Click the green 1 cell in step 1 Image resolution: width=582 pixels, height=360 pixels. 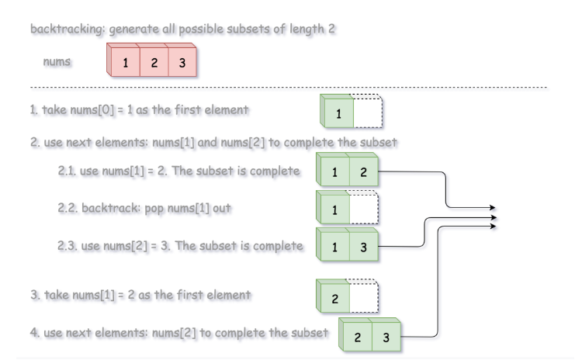click(x=338, y=114)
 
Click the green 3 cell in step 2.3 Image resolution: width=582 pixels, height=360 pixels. click(x=363, y=247)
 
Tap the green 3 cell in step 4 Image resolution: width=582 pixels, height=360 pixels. click(x=386, y=337)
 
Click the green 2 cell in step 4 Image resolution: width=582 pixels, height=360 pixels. click(x=357, y=337)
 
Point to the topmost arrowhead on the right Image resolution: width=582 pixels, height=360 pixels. click(x=493, y=207)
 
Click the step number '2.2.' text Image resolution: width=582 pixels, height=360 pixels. click(x=68, y=209)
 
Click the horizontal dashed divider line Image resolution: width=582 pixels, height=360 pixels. click(x=287, y=88)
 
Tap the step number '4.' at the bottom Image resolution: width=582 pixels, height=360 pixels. click(x=34, y=333)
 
